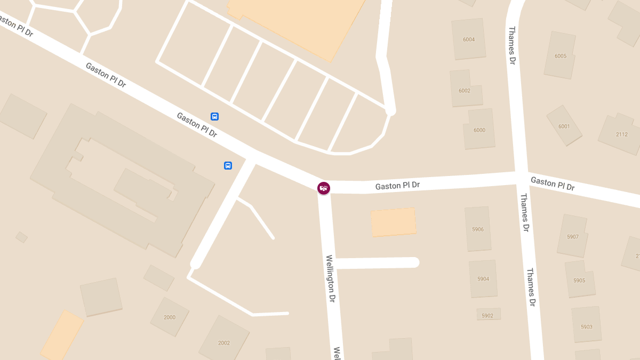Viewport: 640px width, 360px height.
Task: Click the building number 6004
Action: click(x=469, y=39)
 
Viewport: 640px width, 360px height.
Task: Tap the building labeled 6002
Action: click(x=465, y=91)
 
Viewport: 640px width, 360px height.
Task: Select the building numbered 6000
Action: click(x=479, y=130)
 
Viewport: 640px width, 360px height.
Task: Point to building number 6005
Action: click(x=561, y=56)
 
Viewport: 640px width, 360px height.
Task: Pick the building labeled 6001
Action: click(x=564, y=126)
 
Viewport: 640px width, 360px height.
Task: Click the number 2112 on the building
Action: click(x=622, y=134)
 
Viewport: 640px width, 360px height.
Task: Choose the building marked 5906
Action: click(x=478, y=229)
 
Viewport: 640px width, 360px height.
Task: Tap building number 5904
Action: click(x=483, y=279)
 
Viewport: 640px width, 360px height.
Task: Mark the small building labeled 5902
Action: click(x=487, y=316)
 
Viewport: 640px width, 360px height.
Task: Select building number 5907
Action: click(x=573, y=237)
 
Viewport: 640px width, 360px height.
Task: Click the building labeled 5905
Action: click(x=579, y=281)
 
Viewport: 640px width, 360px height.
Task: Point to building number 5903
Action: click(x=587, y=326)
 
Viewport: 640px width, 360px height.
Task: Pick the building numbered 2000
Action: click(x=170, y=317)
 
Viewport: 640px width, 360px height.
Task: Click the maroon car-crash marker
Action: click(x=323, y=188)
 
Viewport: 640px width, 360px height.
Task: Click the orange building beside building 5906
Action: click(x=393, y=222)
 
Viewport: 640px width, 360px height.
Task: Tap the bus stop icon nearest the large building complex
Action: click(x=228, y=166)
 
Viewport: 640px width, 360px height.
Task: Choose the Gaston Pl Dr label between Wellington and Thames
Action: click(x=397, y=186)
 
